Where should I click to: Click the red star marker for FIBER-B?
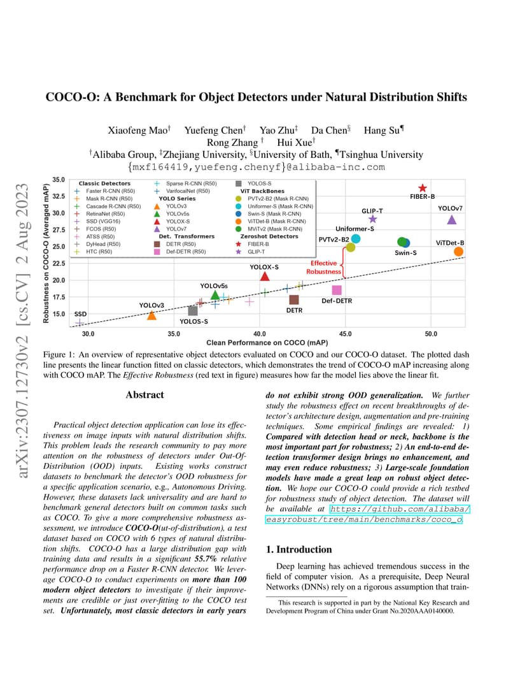point(422,188)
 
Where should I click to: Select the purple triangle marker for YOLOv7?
point(452,220)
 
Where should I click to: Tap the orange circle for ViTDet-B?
point(458,251)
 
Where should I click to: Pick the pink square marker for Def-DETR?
point(337,290)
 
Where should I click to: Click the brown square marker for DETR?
point(294,299)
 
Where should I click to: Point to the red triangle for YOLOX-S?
point(264,276)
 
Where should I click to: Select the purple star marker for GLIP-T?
point(372,219)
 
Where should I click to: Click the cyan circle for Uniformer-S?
point(356,238)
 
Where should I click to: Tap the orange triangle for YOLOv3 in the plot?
point(151,315)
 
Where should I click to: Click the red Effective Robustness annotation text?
point(323,267)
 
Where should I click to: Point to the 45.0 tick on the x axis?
point(345,334)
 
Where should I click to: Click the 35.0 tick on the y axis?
point(59,180)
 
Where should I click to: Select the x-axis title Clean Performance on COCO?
point(267,342)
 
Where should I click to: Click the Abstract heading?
point(145,394)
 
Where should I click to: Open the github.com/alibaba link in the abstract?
point(400,509)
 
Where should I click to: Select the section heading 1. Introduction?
point(299,549)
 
